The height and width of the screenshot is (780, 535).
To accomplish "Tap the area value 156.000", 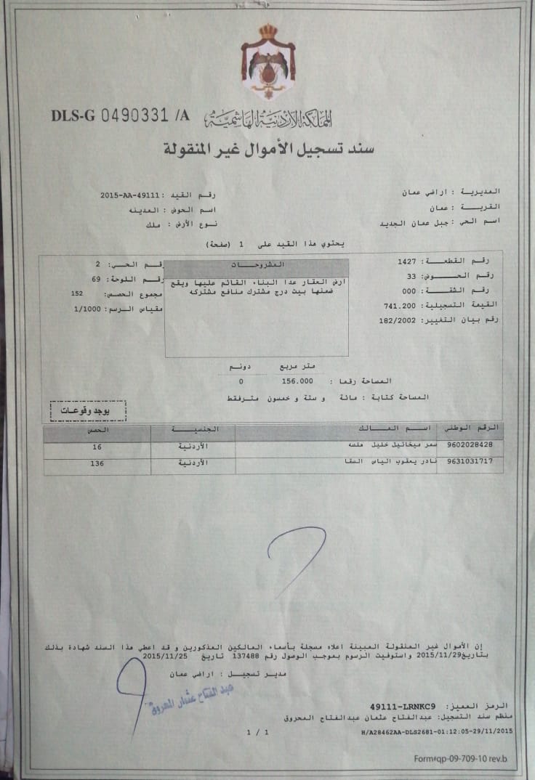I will coord(297,381).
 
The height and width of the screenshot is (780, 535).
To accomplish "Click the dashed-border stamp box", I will coord(88,411).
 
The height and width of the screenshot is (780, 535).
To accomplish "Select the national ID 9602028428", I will coord(472,444).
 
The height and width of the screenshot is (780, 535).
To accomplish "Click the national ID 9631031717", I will coord(472,462).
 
